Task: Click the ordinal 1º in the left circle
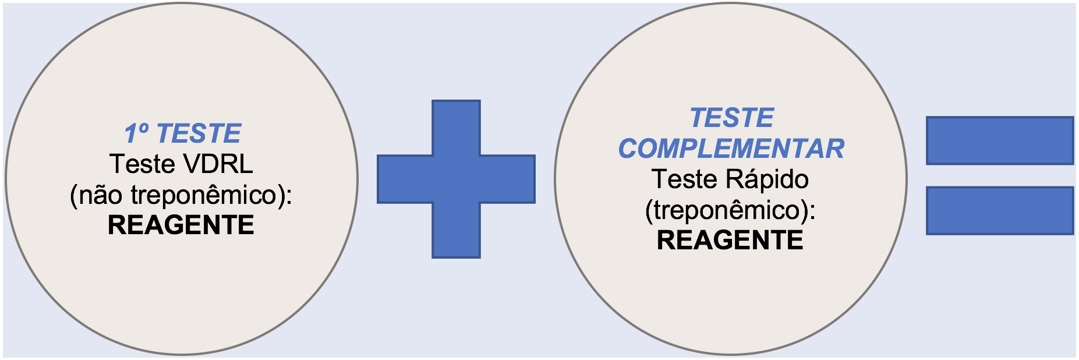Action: pyautogui.click(x=137, y=133)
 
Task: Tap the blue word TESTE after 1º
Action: pyautogui.click(x=199, y=133)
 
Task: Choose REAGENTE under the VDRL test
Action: pyautogui.click(x=181, y=225)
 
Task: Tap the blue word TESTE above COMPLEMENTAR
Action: pyautogui.click(x=731, y=118)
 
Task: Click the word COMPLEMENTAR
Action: pyautogui.click(x=731, y=149)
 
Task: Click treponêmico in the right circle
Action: pyautogui.click(x=729, y=210)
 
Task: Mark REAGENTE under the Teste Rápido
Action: pyautogui.click(x=730, y=241)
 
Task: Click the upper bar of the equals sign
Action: pyautogui.click(x=999, y=140)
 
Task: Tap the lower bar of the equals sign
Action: pyautogui.click(x=999, y=210)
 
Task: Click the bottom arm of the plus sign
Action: pyautogui.click(x=456, y=231)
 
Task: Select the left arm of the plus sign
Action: pyautogui.click(x=404, y=179)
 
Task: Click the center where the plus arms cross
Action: pyautogui.click(x=456, y=179)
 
